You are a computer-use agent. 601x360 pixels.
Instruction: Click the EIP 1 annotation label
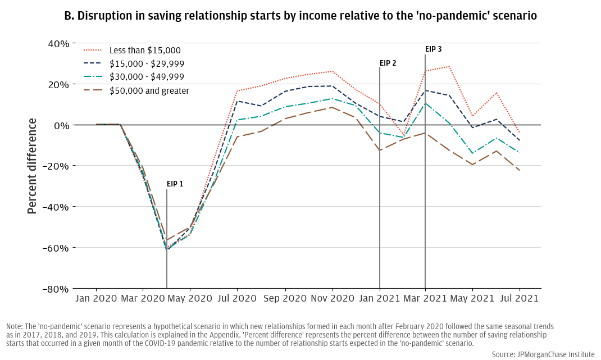[x=175, y=184]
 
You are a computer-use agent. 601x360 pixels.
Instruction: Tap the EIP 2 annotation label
[x=388, y=63]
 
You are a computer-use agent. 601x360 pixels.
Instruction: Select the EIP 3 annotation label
[x=433, y=49]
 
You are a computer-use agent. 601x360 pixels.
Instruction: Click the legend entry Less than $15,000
[x=145, y=51]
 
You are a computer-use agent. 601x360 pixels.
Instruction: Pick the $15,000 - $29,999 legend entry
[x=147, y=64]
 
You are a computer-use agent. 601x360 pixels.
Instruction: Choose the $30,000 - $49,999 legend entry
[x=147, y=77]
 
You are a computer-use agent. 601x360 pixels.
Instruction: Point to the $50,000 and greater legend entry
[x=149, y=90]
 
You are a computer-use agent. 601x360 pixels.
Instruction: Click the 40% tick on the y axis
[x=58, y=44]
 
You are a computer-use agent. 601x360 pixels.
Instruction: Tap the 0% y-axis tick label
[x=62, y=125]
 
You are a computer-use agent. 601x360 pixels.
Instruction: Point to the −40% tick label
[x=57, y=207]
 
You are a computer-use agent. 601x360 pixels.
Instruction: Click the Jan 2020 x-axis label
[x=95, y=299]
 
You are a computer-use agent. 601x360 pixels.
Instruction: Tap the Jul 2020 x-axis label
[x=237, y=299]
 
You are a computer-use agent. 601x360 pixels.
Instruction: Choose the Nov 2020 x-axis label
[x=332, y=299]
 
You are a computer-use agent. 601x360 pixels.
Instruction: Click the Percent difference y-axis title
[x=32, y=166]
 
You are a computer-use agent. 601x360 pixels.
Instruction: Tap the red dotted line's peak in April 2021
[x=449, y=66]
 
